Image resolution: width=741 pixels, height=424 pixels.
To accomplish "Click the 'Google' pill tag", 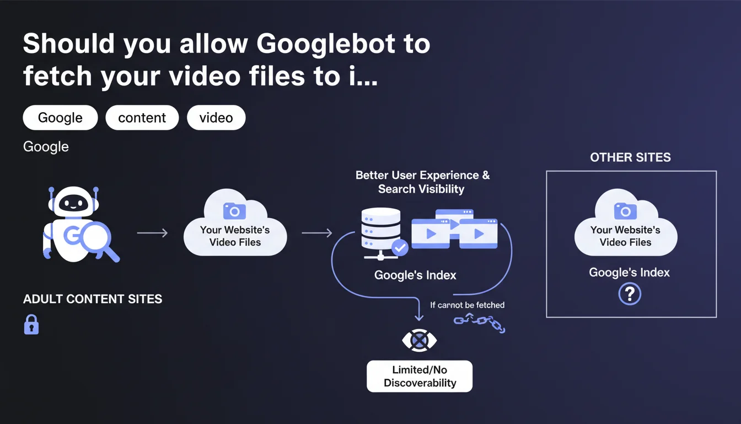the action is click(x=60, y=118).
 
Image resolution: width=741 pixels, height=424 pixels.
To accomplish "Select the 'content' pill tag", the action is click(x=142, y=118).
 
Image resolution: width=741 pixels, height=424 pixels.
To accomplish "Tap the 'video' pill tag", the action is click(x=216, y=118).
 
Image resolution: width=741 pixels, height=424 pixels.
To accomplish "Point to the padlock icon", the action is click(x=31, y=324).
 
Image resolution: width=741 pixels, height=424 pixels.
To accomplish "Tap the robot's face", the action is click(x=73, y=203).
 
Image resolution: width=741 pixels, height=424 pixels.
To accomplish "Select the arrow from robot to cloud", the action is click(x=153, y=233).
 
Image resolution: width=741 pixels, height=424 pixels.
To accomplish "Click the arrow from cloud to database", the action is click(x=317, y=233).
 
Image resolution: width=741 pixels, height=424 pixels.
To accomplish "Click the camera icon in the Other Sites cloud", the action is click(x=625, y=211).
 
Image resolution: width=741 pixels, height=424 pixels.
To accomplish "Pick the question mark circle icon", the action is click(x=630, y=294).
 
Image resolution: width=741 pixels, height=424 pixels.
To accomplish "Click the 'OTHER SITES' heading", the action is click(x=631, y=157).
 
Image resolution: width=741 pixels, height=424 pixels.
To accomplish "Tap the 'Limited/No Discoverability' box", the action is click(x=420, y=377).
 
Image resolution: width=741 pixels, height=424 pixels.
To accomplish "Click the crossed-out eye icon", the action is click(x=420, y=341).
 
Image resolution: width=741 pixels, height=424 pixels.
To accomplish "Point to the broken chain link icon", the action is click(x=479, y=323).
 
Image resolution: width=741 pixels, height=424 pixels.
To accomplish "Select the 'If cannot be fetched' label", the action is click(x=467, y=305).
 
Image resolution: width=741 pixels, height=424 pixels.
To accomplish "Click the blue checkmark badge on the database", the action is click(x=400, y=247).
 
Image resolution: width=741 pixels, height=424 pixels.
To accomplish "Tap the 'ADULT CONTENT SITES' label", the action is click(x=93, y=299).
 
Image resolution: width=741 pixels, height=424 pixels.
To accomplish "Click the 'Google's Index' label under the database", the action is click(x=415, y=275).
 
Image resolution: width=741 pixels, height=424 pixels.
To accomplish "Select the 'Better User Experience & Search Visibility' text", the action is click(x=422, y=182).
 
